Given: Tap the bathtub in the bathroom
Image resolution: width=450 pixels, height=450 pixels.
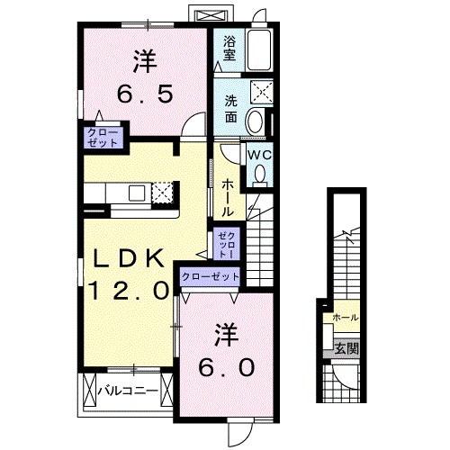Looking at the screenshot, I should point(259,49).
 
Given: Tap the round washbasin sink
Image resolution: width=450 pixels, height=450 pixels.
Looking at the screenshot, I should point(255,121).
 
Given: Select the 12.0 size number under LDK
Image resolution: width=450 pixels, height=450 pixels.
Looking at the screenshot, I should point(128,290).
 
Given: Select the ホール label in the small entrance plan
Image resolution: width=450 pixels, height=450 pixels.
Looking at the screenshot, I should point(345,318).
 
